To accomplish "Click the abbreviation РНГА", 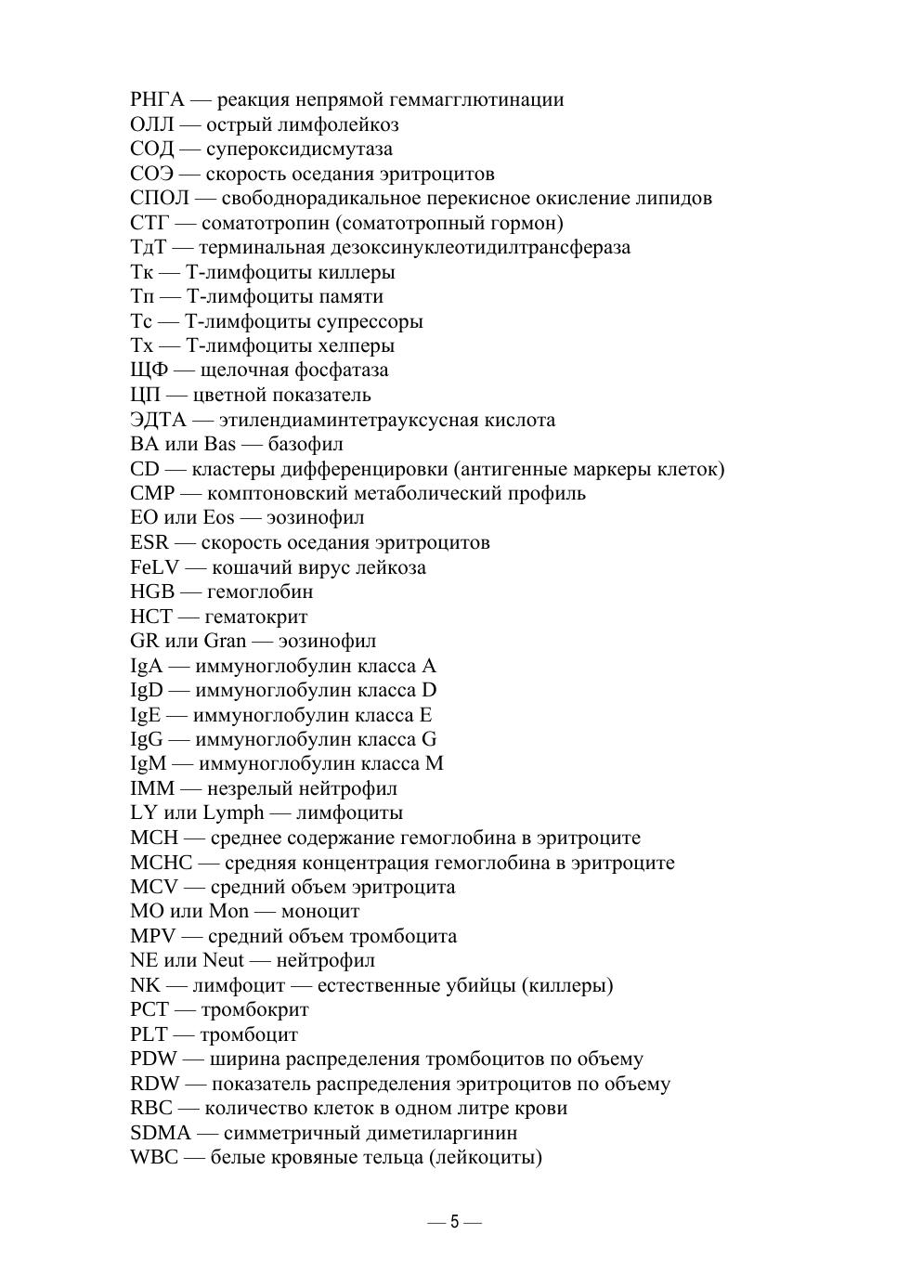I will point(158,99).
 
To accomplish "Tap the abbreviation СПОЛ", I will point(160,198).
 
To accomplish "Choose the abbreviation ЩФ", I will point(149,370).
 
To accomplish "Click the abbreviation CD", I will point(145,469).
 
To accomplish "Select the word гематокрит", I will point(256,617).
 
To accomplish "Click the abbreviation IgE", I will point(146,715).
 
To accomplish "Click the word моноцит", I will point(320,911).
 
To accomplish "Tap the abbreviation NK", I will point(146,985).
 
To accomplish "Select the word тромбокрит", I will point(255,1009).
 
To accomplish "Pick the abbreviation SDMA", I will point(161,1133).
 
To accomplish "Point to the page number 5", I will point(455,1222).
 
